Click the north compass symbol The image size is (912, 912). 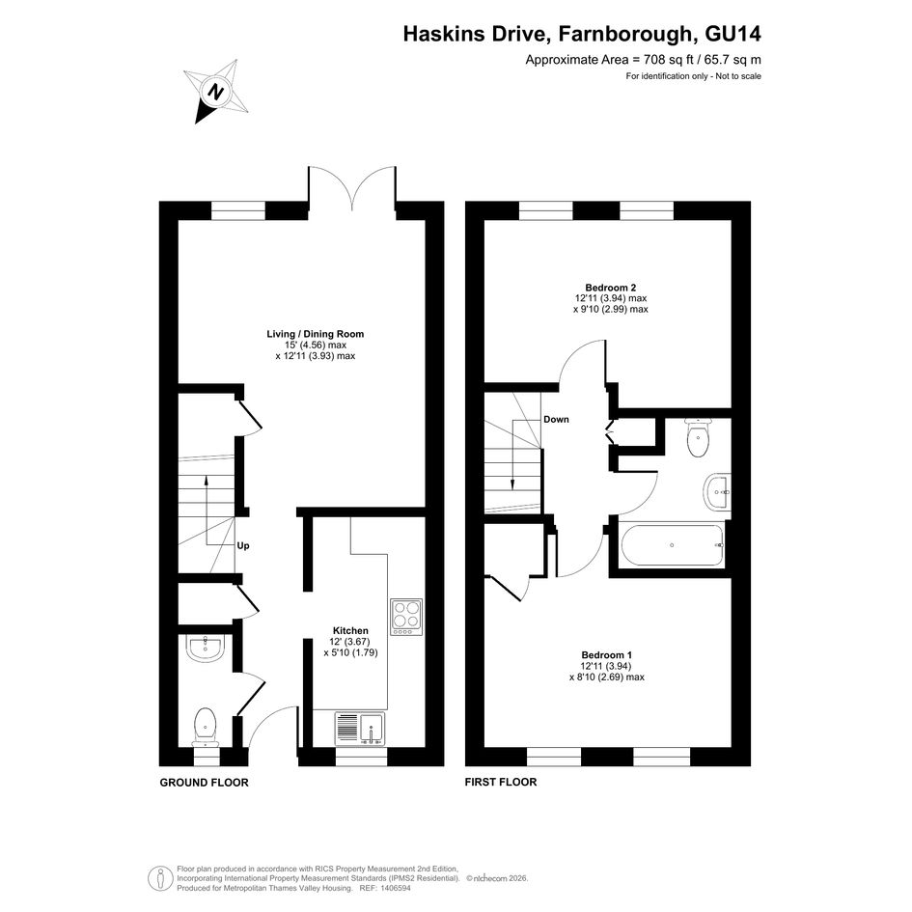(x=217, y=93)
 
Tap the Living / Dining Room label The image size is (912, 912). (x=316, y=334)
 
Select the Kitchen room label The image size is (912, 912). (x=350, y=630)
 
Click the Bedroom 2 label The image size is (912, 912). (x=610, y=288)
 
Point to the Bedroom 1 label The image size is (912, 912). (x=607, y=655)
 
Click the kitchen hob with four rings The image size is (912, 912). (x=406, y=617)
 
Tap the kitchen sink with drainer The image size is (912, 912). (x=359, y=729)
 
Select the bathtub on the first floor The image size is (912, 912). (x=673, y=545)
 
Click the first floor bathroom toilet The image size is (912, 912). (x=698, y=437)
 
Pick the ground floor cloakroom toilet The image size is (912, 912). (x=206, y=727)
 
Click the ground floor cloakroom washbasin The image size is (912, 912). (x=206, y=648)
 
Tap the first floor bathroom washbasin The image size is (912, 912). (x=717, y=492)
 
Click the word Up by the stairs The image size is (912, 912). (x=243, y=545)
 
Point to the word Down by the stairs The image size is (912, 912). (x=556, y=420)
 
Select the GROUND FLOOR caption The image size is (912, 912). (x=205, y=783)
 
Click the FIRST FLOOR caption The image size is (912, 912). (x=501, y=783)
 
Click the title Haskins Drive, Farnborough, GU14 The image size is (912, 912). (x=582, y=34)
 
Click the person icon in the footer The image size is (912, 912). (x=160, y=878)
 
